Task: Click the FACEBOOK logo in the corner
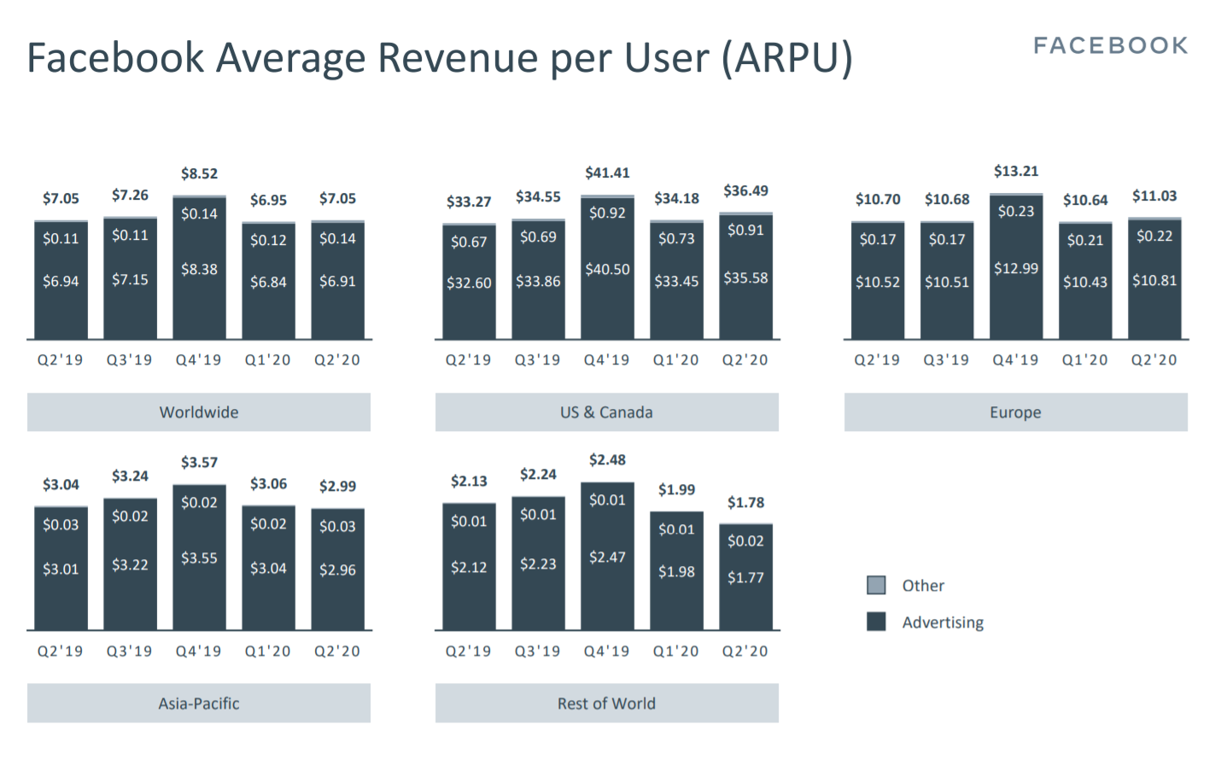(x=1110, y=45)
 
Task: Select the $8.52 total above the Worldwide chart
(x=199, y=173)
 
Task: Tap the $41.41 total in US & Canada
(x=607, y=172)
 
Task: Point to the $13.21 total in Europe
(x=1016, y=171)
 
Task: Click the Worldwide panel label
(x=199, y=412)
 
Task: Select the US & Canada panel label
(x=606, y=412)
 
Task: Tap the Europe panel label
(x=1015, y=412)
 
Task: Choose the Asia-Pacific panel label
(x=199, y=704)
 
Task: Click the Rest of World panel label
(x=606, y=704)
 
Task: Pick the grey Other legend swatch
(x=876, y=585)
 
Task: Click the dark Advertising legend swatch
(x=876, y=622)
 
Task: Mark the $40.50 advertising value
(x=607, y=269)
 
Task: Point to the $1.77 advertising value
(x=745, y=577)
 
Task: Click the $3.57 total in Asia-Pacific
(x=199, y=462)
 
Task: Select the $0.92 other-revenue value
(x=607, y=213)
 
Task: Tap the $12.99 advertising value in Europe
(x=1016, y=268)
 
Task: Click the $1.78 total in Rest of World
(x=745, y=502)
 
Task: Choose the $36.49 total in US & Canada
(x=745, y=190)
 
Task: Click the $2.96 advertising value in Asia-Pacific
(x=337, y=569)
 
